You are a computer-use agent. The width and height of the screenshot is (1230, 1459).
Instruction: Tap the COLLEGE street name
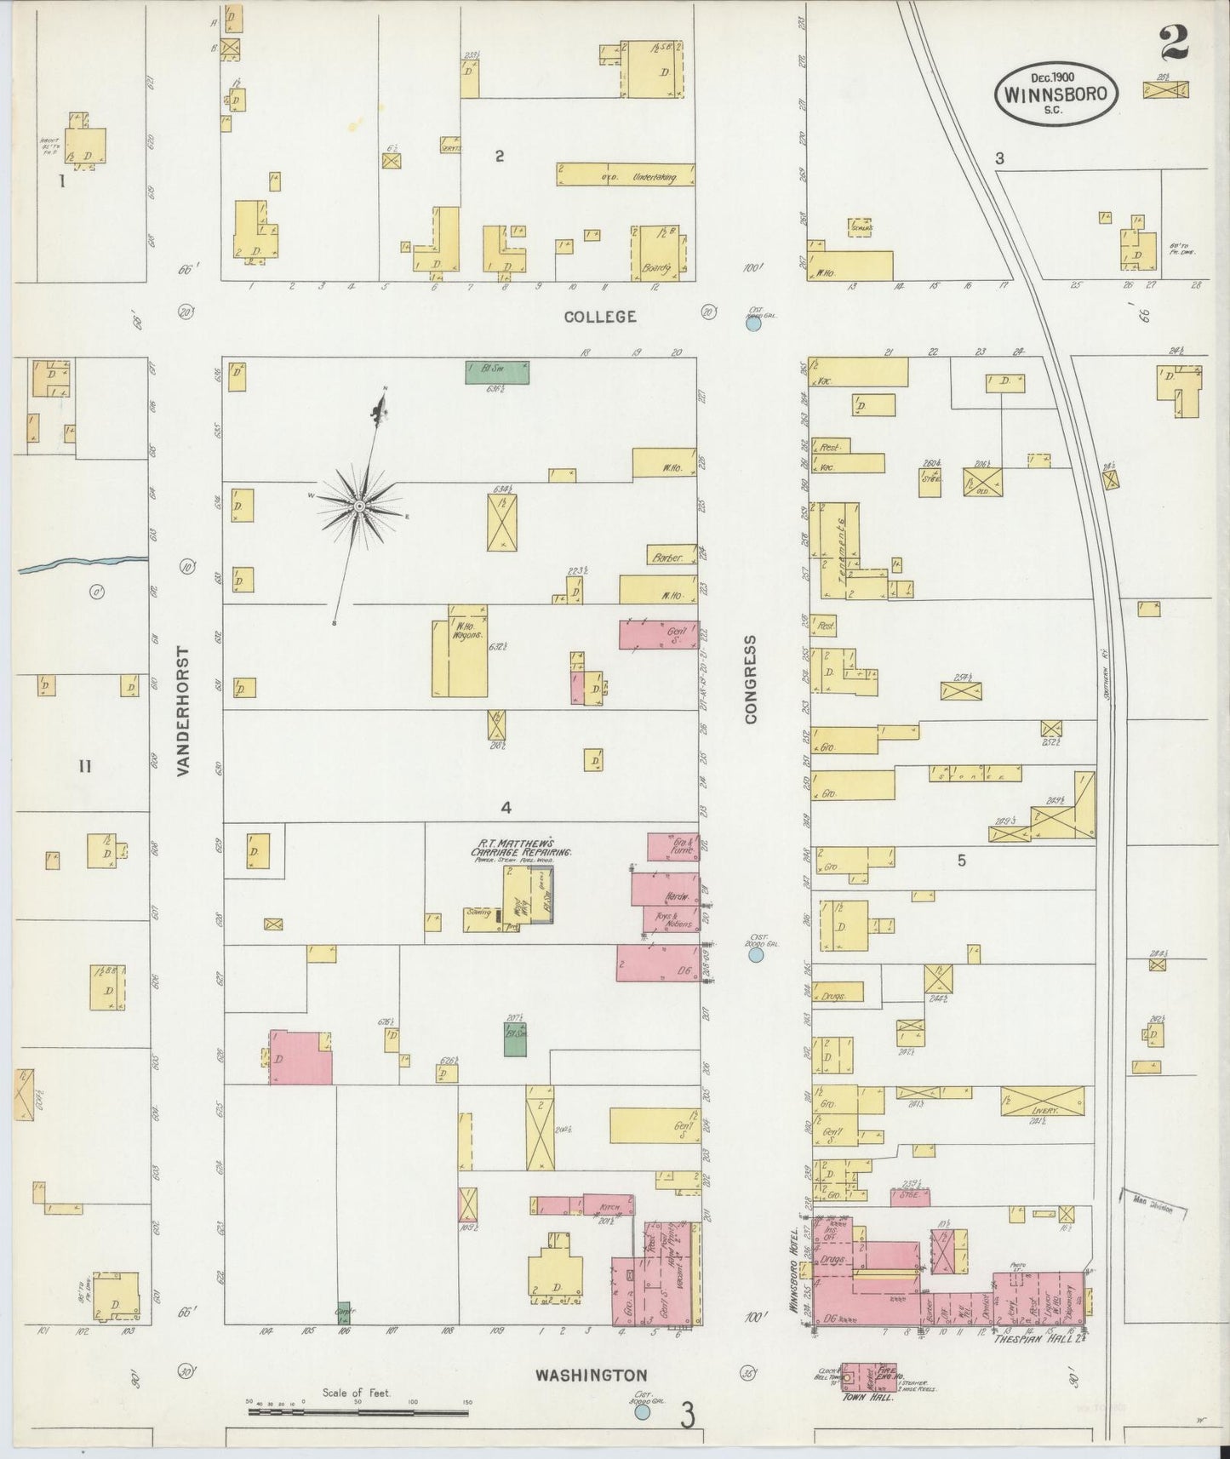tap(600, 317)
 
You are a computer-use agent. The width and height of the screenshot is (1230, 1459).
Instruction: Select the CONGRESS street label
tap(751, 678)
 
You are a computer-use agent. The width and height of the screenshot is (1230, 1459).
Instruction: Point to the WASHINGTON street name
tap(591, 1375)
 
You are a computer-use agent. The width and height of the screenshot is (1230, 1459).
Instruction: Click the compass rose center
tap(360, 506)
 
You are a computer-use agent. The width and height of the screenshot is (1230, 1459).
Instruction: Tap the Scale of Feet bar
tap(358, 1412)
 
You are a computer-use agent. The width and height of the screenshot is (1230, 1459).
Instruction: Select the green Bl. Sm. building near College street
tap(497, 372)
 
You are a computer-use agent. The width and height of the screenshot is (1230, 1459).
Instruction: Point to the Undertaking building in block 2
tap(626, 175)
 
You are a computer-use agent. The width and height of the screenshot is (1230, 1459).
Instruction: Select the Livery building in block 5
tap(1042, 1100)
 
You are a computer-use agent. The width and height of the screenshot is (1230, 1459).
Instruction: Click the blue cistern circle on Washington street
tap(643, 1412)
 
